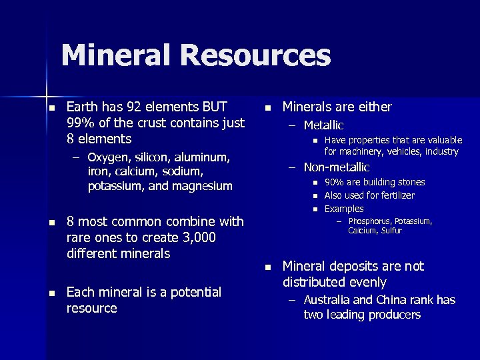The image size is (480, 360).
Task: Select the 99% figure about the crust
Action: (x=81, y=123)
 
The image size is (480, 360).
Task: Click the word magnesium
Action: (x=201, y=186)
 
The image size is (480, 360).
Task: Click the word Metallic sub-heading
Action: (x=323, y=125)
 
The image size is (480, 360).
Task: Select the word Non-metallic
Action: (x=337, y=167)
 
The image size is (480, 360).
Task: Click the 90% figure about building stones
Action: (x=335, y=182)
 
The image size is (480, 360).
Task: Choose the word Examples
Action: (x=344, y=209)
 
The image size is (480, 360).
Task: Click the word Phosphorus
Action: (x=373, y=221)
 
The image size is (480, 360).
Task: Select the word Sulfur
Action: (x=391, y=231)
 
